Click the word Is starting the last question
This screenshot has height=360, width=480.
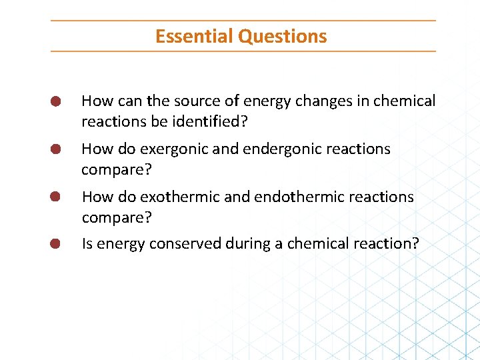pyautogui.click(x=87, y=244)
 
